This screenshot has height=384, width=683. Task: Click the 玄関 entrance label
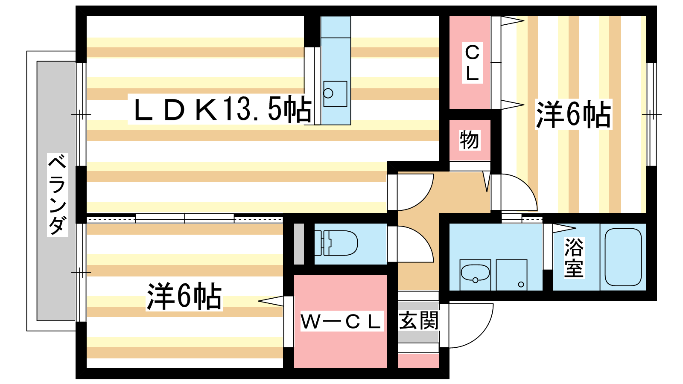418,321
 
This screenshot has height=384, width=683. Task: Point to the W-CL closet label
340,322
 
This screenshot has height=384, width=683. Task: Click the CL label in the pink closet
472,63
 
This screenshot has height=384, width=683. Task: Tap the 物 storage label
469,140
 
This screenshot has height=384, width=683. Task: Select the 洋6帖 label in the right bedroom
573,114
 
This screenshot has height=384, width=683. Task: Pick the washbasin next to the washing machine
475,273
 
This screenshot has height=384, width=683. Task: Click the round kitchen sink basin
328,93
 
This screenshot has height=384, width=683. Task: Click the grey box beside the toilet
299,244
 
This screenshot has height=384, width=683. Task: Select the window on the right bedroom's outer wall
651,114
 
